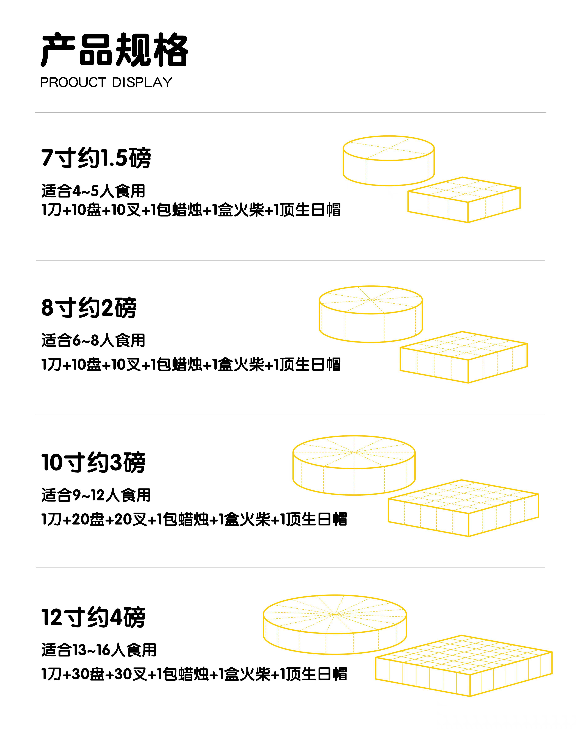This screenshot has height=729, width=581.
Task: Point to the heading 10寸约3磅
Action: tap(93, 462)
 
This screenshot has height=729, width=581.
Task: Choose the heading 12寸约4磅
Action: tap(93, 617)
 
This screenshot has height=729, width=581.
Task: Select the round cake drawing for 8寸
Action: tap(371, 314)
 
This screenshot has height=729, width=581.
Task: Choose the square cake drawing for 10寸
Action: tap(463, 508)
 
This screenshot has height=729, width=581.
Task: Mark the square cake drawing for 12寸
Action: tap(464, 665)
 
